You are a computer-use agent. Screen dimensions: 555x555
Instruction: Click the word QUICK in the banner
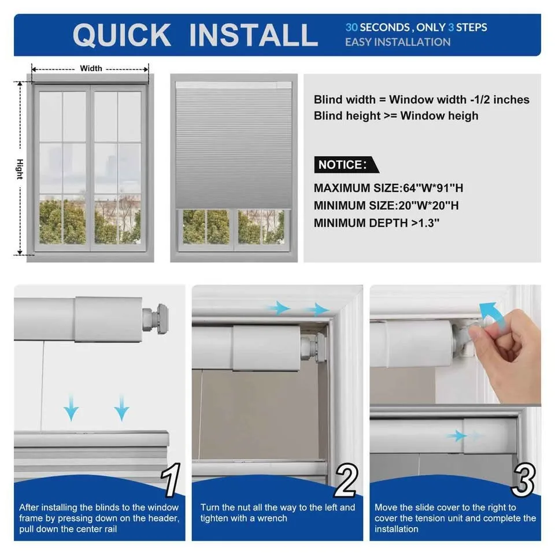[x=121, y=35]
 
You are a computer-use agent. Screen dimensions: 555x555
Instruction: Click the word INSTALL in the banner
[x=253, y=35]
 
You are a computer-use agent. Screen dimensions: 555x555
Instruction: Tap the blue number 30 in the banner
[x=351, y=27]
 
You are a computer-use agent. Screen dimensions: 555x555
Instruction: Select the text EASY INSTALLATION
[x=397, y=42]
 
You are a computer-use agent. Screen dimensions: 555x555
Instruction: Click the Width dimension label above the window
[x=91, y=68]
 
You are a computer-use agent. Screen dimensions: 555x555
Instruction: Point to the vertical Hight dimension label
[x=20, y=169]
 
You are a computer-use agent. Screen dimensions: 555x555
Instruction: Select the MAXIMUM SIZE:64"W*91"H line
[x=388, y=188]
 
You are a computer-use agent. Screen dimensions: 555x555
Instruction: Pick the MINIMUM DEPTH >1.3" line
[x=376, y=223]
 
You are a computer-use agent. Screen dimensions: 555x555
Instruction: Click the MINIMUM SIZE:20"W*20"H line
[x=386, y=205]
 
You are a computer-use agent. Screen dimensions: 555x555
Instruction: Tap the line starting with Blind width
[x=421, y=99]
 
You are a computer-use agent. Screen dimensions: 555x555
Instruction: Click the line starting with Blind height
[x=396, y=116]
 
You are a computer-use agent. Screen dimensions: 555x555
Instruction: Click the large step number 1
[x=171, y=479]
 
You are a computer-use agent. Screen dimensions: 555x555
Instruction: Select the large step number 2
[x=346, y=479]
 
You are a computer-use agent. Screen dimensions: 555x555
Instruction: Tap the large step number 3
[x=523, y=479]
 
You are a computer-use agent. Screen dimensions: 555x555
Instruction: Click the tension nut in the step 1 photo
[x=156, y=318]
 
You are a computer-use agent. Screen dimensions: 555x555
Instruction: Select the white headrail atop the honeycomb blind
[x=234, y=85]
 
